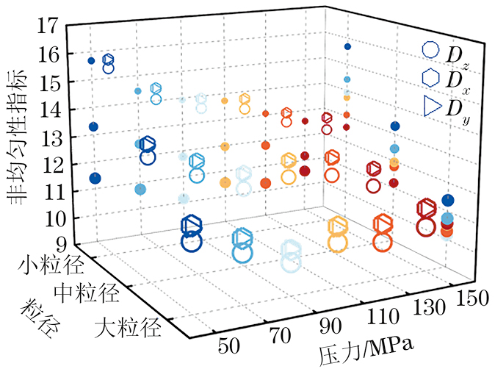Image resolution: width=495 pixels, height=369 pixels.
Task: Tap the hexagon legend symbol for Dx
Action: coord(431,78)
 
